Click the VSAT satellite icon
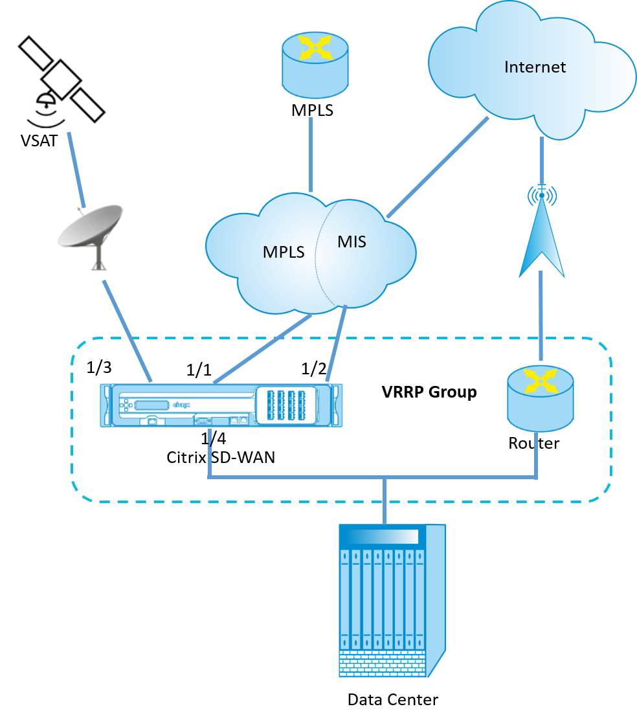61,80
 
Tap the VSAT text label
39,141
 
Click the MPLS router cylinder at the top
315,64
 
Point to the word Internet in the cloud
535,67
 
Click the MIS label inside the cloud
352,242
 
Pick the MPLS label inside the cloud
284,253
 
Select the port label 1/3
99,367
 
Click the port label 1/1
199,370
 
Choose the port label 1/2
314,369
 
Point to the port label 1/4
214,438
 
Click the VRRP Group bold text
429,392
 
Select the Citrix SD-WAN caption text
221,457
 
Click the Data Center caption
392,700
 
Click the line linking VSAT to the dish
76,170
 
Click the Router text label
534,443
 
